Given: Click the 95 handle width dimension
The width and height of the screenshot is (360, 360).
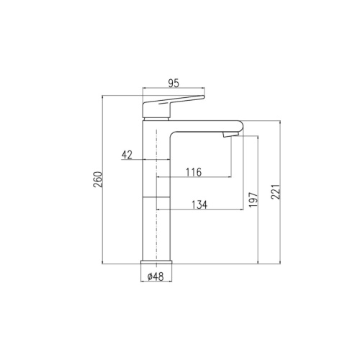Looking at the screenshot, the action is tap(174, 84).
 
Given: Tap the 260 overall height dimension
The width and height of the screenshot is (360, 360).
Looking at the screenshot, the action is tap(98, 179).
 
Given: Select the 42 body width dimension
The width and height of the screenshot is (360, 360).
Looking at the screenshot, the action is tap(127, 155).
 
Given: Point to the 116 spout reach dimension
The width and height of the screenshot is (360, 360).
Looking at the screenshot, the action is tap(194, 172).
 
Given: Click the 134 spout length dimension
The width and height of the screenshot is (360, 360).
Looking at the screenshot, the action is tap(199, 204).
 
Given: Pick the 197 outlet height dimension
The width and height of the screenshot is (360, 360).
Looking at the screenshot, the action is tap(253, 199).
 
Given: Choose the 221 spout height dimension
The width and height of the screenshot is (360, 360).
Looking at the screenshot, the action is tap(276, 192).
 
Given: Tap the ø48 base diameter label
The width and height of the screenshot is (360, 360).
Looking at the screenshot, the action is tap(156, 276).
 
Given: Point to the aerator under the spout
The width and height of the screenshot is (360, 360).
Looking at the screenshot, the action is tap(230, 135).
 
